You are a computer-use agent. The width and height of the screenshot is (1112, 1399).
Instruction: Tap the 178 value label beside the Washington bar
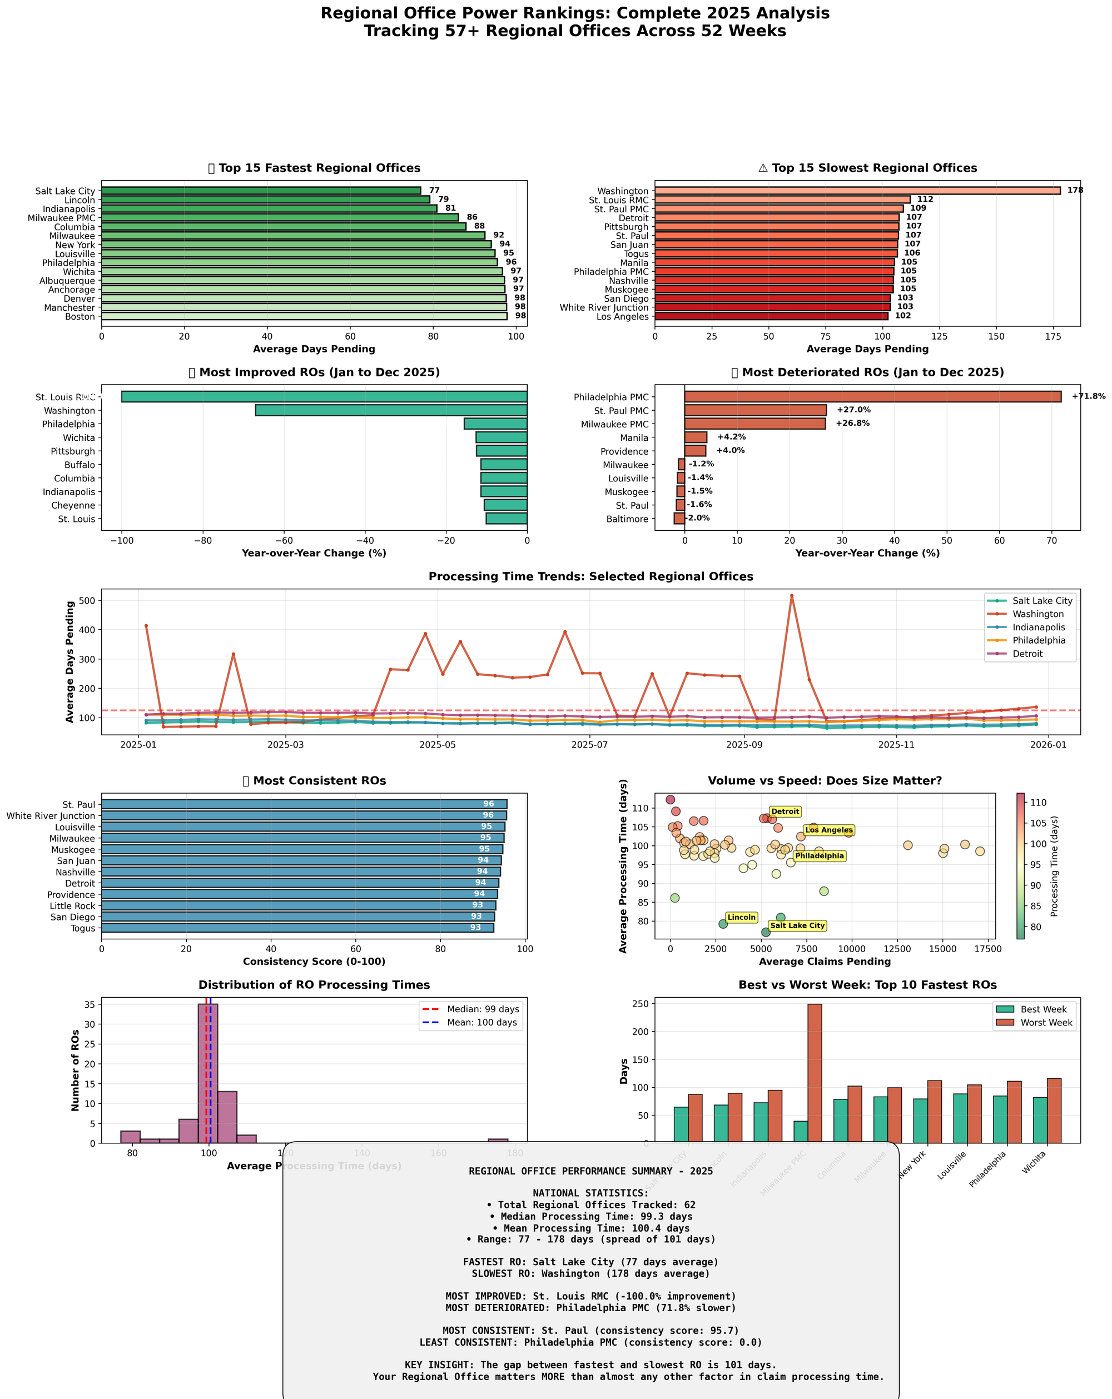point(1074,190)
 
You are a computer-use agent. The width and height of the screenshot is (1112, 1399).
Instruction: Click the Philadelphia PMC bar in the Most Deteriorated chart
point(872,396)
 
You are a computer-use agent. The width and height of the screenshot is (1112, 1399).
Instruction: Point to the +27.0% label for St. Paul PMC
point(852,410)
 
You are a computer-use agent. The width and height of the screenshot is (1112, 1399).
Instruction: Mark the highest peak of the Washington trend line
point(791,596)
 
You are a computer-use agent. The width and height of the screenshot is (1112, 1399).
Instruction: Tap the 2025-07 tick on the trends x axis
point(589,745)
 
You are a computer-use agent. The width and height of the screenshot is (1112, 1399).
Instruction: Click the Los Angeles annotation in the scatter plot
point(828,830)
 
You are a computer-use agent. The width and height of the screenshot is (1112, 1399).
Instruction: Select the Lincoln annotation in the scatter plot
point(741,918)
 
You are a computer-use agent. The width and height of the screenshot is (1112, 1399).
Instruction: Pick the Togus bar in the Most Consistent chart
point(297,928)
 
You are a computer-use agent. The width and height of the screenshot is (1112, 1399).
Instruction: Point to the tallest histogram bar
point(208,1073)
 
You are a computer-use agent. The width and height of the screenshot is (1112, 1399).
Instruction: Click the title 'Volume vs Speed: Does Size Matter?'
point(824,780)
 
